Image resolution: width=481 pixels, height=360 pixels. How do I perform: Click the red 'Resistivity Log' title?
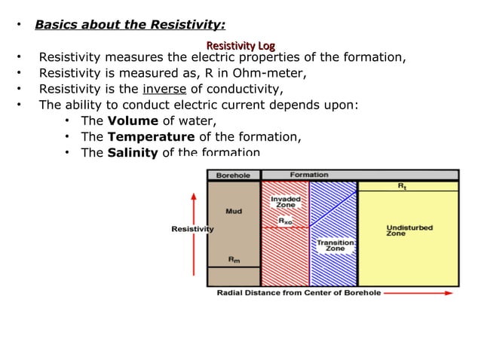click(x=240, y=44)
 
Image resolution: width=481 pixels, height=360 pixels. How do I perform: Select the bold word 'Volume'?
click(x=133, y=121)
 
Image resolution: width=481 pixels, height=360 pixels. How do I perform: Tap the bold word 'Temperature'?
click(x=151, y=137)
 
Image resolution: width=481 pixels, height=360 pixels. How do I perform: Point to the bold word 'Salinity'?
click(x=133, y=153)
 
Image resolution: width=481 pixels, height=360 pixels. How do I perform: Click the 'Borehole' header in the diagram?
click(x=233, y=175)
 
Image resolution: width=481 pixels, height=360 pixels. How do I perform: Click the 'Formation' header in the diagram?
click(x=309, y=175)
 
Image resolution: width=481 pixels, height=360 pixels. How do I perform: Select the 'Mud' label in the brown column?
click(x=234, y=212)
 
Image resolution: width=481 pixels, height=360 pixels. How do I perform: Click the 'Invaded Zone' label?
click(x=285, y=202)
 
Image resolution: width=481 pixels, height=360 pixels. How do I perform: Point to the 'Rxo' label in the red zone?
click(x=286, y=221)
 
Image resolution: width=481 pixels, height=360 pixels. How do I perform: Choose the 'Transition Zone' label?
click(x=329, y=246)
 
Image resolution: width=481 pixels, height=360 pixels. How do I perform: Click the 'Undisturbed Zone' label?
click(x=409, y=230)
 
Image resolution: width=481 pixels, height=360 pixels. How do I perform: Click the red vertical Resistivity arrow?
click(x=195, y=233)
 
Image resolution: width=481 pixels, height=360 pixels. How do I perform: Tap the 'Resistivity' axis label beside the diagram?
click(x=192, y=229)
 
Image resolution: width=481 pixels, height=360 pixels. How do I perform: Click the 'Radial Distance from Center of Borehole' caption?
click(x=299, y=292)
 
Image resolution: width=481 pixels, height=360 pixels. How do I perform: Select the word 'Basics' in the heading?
click(x=58, y=25)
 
